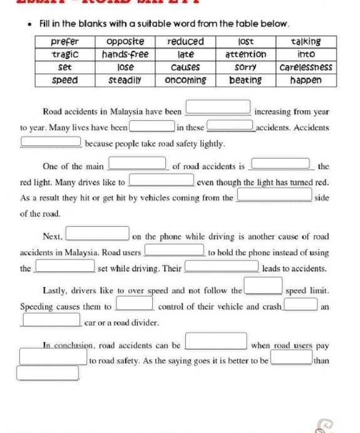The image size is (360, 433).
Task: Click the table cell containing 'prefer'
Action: [64, 41]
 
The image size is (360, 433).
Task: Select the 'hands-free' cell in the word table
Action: [125, 54]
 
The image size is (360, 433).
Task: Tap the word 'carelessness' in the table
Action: [306, 66]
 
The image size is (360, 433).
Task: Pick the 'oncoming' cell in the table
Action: [185, 80]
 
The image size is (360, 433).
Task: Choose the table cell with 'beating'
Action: [245, 80]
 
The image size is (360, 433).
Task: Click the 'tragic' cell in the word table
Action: [64, 54]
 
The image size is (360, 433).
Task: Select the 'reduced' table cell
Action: [185, 41]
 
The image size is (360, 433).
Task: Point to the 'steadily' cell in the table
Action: [125, 80]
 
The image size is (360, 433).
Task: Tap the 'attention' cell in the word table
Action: [245, 54]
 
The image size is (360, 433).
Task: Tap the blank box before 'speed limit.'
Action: [263, 287]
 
